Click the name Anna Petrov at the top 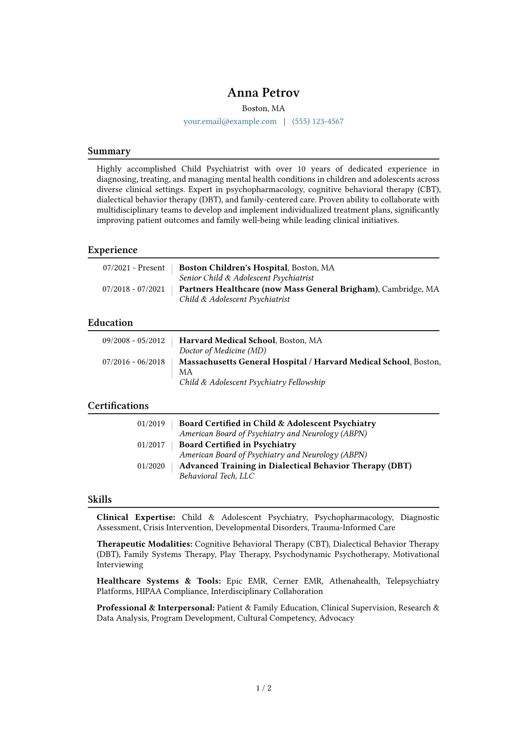[263, 93]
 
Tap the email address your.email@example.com [230, 121]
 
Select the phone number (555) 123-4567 [318, 121]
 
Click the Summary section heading [109, 151]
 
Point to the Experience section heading [112, 250]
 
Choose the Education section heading [110, 323]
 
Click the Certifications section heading [118, 406]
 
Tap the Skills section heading [100, 500]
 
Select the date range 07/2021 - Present [134, 268]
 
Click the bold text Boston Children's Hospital [233, 268]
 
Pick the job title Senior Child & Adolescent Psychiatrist [246, 278]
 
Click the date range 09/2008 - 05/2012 [134, 340]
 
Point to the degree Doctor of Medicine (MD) [222, 351]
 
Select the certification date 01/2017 [151, 445]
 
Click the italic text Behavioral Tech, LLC [217, 476]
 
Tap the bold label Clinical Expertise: [136, 517]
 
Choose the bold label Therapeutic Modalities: [144, 544]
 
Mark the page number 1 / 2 [263, 688]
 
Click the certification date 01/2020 [151, 466]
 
